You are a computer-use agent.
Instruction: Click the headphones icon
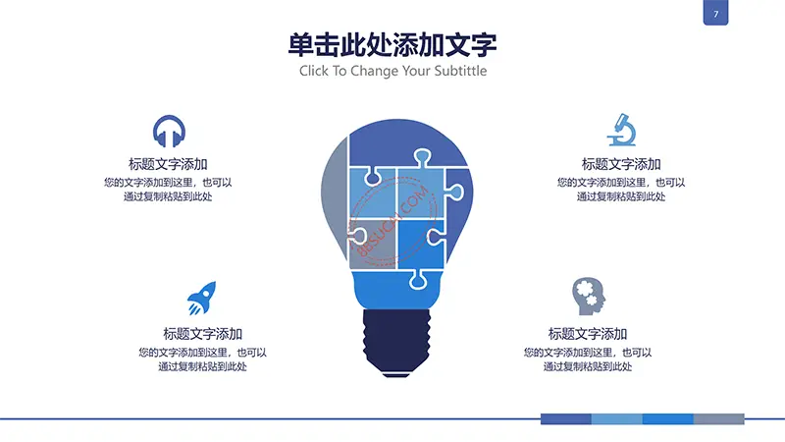click(x=169, y=132)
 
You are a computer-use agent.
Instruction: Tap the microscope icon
click(x=621, y=130)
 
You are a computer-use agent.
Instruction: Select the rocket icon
click(x=202, y=298)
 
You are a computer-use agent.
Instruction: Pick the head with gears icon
click(x=588, y=297)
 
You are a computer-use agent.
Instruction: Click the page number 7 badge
click(x=715, y=13)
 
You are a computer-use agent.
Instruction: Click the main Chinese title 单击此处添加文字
click(x=392, y=44)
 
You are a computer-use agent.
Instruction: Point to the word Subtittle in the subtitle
click(x=460, y=71)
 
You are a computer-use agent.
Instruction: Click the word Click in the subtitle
click(x=314, y=71)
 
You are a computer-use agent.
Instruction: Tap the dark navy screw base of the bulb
click(x=396, y=343)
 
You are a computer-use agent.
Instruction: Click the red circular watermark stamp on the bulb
click(x=394, y=220)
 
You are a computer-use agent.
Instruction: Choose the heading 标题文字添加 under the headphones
click(x=168, y=164)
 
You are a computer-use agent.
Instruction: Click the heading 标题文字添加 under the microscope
click(x=621, y=164)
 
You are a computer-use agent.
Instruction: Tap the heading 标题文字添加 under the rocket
click(x=202, y=334)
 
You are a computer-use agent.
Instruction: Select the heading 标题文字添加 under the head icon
click(x=587, y=334)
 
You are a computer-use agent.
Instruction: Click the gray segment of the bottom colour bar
click(x=718, y=419)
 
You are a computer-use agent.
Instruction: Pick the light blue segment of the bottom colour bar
click(x=617, y=419)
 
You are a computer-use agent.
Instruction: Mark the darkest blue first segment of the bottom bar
click(x=566, y=419)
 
